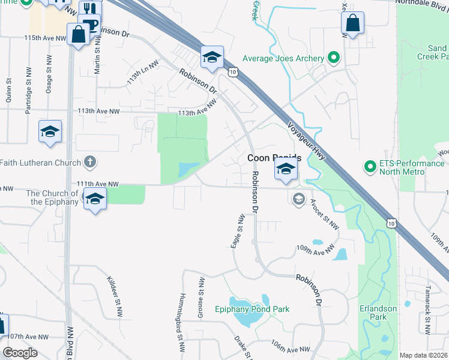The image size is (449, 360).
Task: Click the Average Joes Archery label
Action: pyautogui.click(x=283, y=58)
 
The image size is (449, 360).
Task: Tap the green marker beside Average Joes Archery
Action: pyautogui.click(x=334, y=58)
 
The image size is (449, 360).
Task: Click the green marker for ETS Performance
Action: pyautogui.click(x=370, y=164)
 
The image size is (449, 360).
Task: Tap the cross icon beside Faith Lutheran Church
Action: pyautogui.click(x=89, y=162)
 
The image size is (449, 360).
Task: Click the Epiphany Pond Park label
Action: pyautogui.click(x=252, y=309)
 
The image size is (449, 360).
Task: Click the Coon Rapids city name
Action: pyautogui.click(x=274, y=158)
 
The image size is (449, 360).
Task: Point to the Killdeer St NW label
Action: pyautogui.click(x=113, y=296)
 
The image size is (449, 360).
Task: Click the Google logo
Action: pyautogui.click(x=20, y=353)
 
